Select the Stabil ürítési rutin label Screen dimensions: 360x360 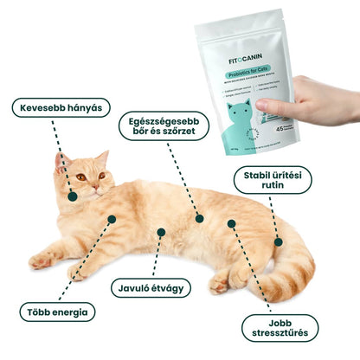pos(273,181)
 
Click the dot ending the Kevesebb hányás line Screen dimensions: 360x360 pos(73,197)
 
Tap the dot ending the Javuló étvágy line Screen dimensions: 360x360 pos(160,232)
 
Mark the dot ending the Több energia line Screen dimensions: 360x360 pos(111,219)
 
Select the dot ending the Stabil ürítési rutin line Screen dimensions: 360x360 pos(278,241)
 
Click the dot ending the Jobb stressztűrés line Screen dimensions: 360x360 pos(231,223)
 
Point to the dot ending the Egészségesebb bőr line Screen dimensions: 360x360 pos(199,218)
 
